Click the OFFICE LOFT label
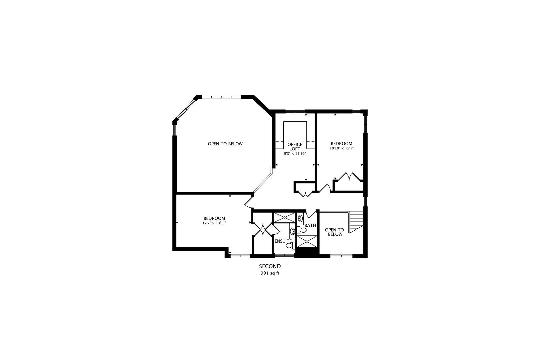coord(295,147)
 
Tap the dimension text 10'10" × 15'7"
coord(341,148)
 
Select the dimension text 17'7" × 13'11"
coord(214,223)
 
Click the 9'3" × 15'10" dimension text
coord(295,154)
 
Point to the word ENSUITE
coord(283,241)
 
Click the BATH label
coord(310,225)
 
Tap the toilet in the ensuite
coord(289,246)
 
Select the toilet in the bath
coord(303,230)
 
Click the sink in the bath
coord(300,219)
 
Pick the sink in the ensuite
coord(292,231)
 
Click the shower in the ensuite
coord(284,217)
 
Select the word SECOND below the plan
coord(270,266)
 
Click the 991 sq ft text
coord(270,273)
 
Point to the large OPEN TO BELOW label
coord(225,144)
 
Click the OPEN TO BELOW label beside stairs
coord(334,232)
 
